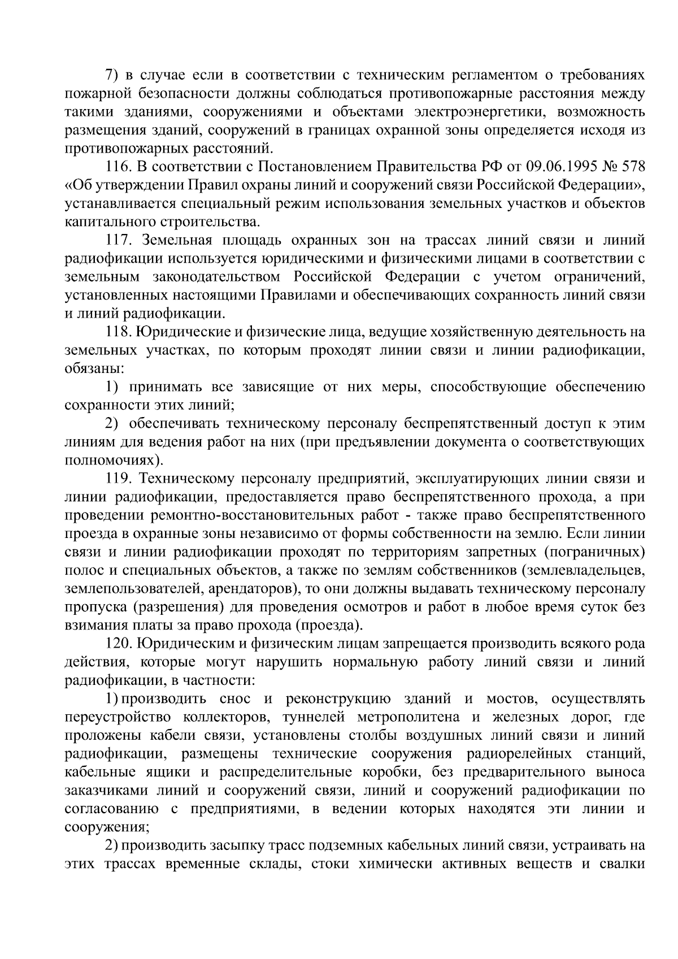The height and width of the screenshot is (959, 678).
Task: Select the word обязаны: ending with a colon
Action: tap(94, 368)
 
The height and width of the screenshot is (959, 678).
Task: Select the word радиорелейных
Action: tap(535, 754)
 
